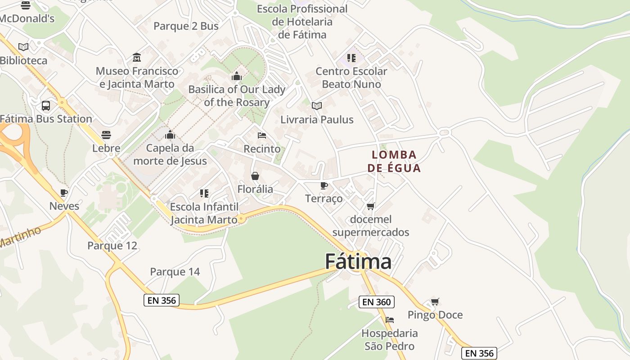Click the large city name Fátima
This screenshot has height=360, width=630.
click(x=358, y=261)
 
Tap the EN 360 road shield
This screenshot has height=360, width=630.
click(x=376, y=302)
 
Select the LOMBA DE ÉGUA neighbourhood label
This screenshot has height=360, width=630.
click(x=394, y=161)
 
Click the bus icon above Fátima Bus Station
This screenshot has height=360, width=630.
click(x=46, y=106)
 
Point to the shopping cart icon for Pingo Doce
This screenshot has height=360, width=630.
click(x=435, y=301)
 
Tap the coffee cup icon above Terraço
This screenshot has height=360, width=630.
click(x=324, y=185)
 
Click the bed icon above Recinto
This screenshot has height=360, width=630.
click(x=262, y=135)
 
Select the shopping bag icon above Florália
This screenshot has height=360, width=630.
click(x=255, y=176)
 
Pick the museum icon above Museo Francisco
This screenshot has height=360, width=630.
click(x=137, y=58)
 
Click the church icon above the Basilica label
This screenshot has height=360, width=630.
click(x=237, y=76)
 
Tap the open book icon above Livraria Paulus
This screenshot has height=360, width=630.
click(x=317, y=106)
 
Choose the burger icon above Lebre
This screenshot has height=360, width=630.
click(x=106, y=135)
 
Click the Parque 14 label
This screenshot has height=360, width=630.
click(x=175, y=272)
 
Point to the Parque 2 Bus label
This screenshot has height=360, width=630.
click(x=186, y=26)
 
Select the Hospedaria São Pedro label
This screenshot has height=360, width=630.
click(x=390, y=340)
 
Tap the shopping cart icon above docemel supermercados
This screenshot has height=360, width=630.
click(x=370, y=206)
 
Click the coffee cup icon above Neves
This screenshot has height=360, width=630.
click(x=64, y=193)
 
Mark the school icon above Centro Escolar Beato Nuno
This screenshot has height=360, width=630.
click(x=351, y=58)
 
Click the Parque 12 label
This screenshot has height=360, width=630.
click(x=112, y=246)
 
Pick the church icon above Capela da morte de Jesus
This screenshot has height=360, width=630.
click(x=170, y=135)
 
